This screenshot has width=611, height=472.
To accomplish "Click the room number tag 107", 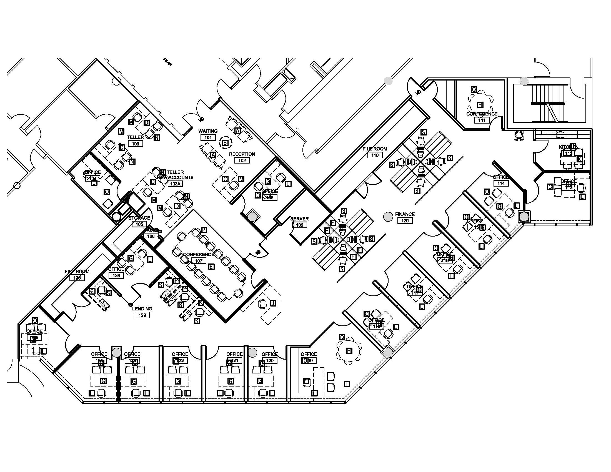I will pyautogui.click(x=199, y=261).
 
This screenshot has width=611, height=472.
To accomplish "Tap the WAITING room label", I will pyautogui.click(x=208, y=131).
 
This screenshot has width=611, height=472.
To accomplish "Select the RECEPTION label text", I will pyautogui.click(x=242, y=154).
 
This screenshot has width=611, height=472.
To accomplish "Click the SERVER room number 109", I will pyautogui.click(x=299, y=225).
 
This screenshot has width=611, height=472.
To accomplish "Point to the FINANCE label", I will pyautogui.click(x=405, y=214).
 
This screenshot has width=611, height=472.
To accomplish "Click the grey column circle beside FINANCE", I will pyautogui.click(x=388, y=217).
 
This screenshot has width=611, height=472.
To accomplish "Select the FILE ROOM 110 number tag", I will pyautogui.click(x=375, y=155).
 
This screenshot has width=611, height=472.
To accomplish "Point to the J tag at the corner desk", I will pyautogui.click(x=273, y=303).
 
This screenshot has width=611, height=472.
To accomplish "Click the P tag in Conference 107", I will pyautogui.click(x=204, y=230).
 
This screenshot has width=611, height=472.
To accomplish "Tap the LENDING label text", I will pyautogui.click(x=142, y=309).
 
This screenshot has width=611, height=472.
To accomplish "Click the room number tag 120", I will pyautogui.click(x=270, y=360).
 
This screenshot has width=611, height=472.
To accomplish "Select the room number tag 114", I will pyautogui.click(x=501, y=184).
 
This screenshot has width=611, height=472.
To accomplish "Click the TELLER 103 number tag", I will pyautogui.click(x=136, y=144).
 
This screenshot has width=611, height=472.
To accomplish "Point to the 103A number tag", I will pyautogui.click(x=175, y=184).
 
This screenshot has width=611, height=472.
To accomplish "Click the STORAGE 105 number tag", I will pyautogui.click(x=139, y=224).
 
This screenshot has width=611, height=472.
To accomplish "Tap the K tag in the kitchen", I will pyautogui.click(x=580, y=159).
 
